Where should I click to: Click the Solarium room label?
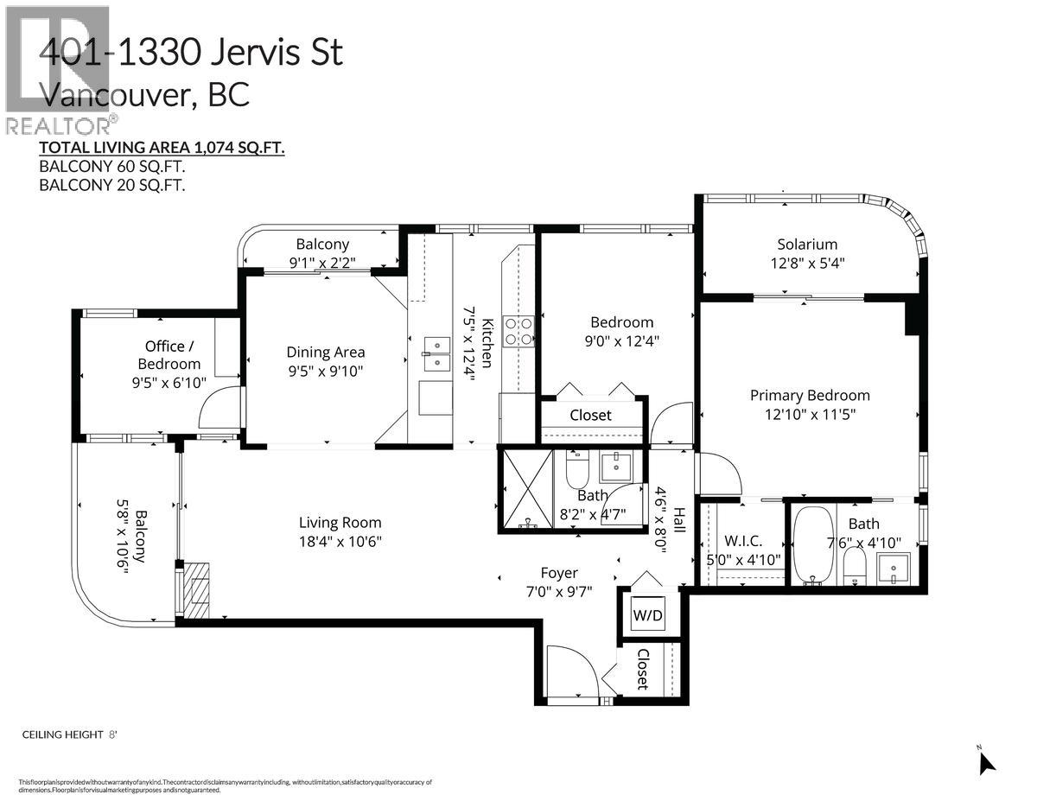coord(806,245)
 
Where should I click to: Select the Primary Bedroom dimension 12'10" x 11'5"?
coord(809,414)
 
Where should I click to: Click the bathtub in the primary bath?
coord(813,544)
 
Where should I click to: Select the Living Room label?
coord(340,523)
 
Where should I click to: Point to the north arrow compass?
coord(985,762)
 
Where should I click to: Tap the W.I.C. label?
coord(742,541)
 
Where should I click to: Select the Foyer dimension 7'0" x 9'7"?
coord(559,593)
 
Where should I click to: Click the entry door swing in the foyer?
coord(570,671)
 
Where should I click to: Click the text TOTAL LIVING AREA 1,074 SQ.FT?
coord(162,148)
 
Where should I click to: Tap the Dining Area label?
coord(326,353)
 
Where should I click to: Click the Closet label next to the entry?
coord(642,670)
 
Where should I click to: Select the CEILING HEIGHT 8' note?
coord(69,734)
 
